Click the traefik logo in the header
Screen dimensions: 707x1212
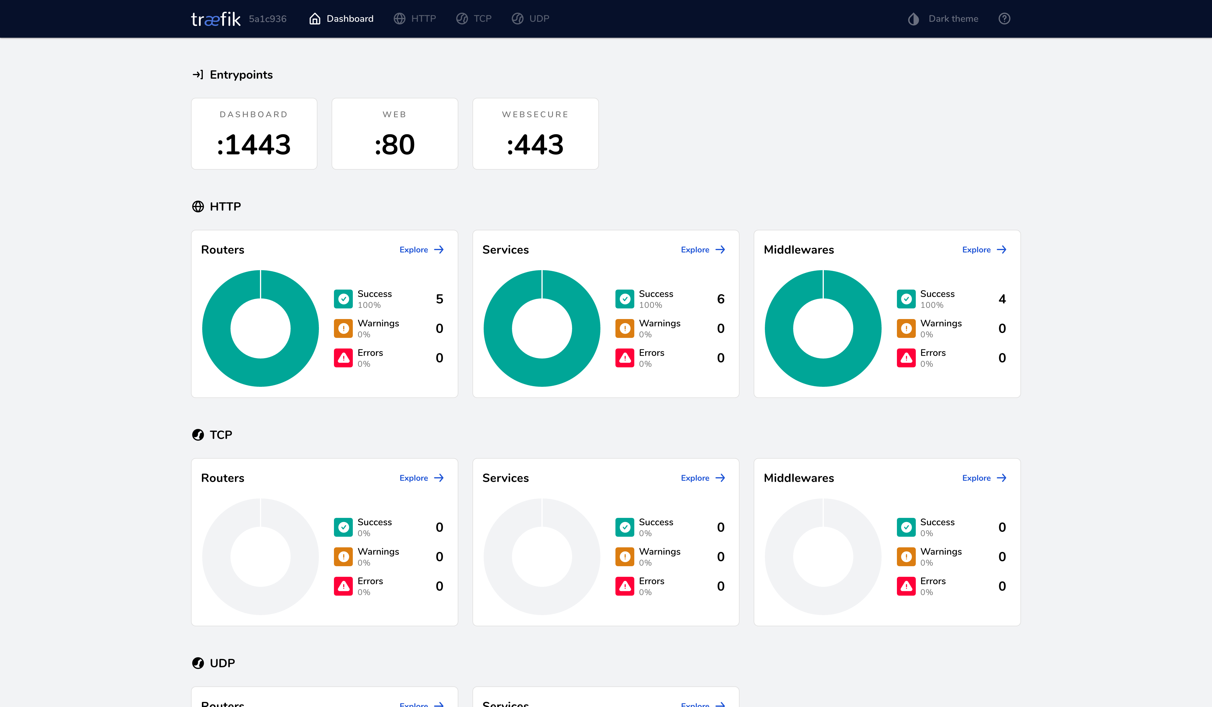tap(215, 19)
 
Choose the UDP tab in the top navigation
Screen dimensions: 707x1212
tap(531, 19)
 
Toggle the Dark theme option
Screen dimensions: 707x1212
tap(943, 19)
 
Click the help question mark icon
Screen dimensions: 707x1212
tap(1004, 19)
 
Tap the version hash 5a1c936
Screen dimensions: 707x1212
tap(267, 19)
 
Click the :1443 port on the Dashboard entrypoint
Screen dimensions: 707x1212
tap(254, 145)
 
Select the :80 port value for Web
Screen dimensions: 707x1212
tap(394, 145)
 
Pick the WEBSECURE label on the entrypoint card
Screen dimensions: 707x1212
tap(535, 114)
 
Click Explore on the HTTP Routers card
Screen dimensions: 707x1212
tap(421, 250)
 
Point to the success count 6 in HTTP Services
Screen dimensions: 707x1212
tap(720, 299)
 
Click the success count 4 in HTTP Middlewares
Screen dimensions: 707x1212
tap(1002, 299)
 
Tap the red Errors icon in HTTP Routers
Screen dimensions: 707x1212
tap(343, 358)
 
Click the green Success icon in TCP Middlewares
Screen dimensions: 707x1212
tap(906, 527)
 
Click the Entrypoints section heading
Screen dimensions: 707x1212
tap(241, 75)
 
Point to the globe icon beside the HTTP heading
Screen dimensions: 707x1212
tap(198, 207)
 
